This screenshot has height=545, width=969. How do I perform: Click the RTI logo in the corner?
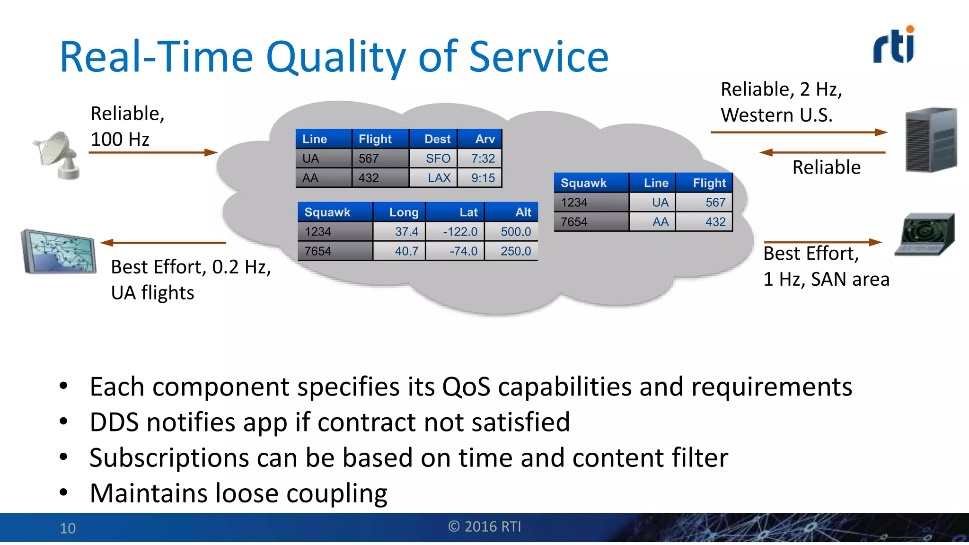click(894, 45)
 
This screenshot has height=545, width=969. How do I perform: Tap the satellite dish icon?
click(58, 155)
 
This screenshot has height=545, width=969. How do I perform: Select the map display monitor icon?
click(59, 252)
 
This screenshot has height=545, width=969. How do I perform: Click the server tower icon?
click(930, 140)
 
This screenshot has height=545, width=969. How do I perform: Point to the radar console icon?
click(925, 234)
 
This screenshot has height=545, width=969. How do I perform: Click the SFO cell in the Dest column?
click(433, 158)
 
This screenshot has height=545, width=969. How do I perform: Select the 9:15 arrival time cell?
click(480, 178)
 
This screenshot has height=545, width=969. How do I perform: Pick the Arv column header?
click(480, 139)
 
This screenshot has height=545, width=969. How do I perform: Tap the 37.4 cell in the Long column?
click(400, 231)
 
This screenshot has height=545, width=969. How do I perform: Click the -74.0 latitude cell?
click(456, 251)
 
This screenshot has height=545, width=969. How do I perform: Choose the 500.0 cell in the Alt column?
click(511, 231)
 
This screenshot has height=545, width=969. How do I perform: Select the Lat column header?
click(456, 212)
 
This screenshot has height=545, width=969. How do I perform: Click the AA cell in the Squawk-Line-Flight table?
click(652, 221)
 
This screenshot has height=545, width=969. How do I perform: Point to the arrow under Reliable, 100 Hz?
click(153, 152)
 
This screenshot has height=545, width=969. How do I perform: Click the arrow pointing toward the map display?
click(163, 243)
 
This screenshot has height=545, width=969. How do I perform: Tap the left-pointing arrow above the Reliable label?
click(822, 152)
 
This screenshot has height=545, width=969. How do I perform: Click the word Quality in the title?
click(335, 58)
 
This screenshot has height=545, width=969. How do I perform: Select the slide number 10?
click(68, 528)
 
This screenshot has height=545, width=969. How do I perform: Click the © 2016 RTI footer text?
click(484, 527)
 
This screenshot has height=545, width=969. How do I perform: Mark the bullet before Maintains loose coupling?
click(64, 492)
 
